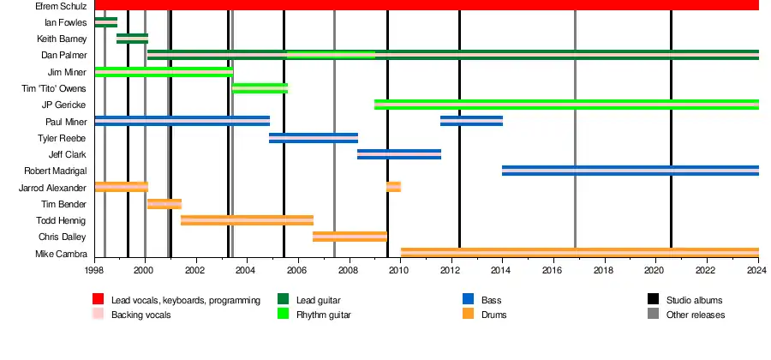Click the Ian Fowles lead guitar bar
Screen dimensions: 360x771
pyautogui.click(x=106, y=22)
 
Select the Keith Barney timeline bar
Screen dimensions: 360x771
pyautogui.click(x=132, y=39)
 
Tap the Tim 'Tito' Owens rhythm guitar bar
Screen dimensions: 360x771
pyautogui.click(x=260, y=88)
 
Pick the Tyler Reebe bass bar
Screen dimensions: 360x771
pyautogui.click(x=314, y=138)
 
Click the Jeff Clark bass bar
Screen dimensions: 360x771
pyautogui.click(x=399, y=154)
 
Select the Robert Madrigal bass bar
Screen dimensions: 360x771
pyautogui.click(x=630, y=171)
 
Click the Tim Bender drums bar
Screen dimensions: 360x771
pyautogui.click(x=164, y=204)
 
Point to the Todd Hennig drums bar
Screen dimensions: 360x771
pyautogui.click(x=247, y=220)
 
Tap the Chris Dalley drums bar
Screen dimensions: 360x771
pyautogui.click(x=350, y=237)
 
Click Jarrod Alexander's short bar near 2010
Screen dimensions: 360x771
pyautogui.click(x=393, y=187)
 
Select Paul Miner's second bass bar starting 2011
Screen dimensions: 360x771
pyautogui.click(x=471, y=121)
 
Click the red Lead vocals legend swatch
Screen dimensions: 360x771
pyautogui.click(x=99, y=300)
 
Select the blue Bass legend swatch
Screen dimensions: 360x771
pyautogui.click(x=469, y=300)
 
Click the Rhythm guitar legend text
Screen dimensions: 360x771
pyautogui.click(x=324, y=315)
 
